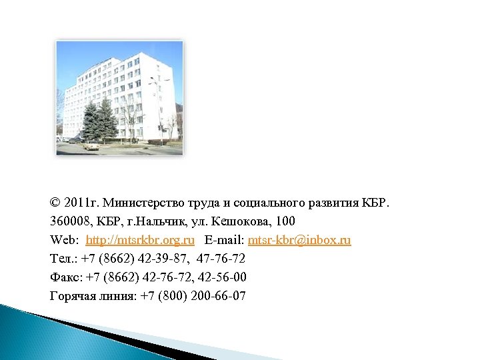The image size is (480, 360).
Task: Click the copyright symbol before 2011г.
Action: click(55, 202)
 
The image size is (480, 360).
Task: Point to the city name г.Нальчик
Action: click(146, 221)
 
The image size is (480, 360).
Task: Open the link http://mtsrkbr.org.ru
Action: click(140, 239)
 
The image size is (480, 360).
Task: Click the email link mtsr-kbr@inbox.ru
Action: click(299, 239)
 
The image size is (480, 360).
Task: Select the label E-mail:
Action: click(225, 239)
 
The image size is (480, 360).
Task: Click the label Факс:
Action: click(67, 277)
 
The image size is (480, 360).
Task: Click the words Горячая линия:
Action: click(93, 295)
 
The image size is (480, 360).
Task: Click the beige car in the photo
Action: click(91, 144)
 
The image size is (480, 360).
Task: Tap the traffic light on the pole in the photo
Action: click(160, 127)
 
